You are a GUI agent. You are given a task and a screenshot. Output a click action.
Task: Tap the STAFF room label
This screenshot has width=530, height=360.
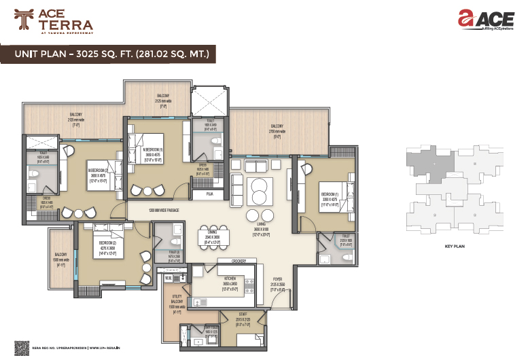[x=241, y=315]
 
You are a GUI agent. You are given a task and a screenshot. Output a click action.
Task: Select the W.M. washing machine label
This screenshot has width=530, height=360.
[x=167, y=277]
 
